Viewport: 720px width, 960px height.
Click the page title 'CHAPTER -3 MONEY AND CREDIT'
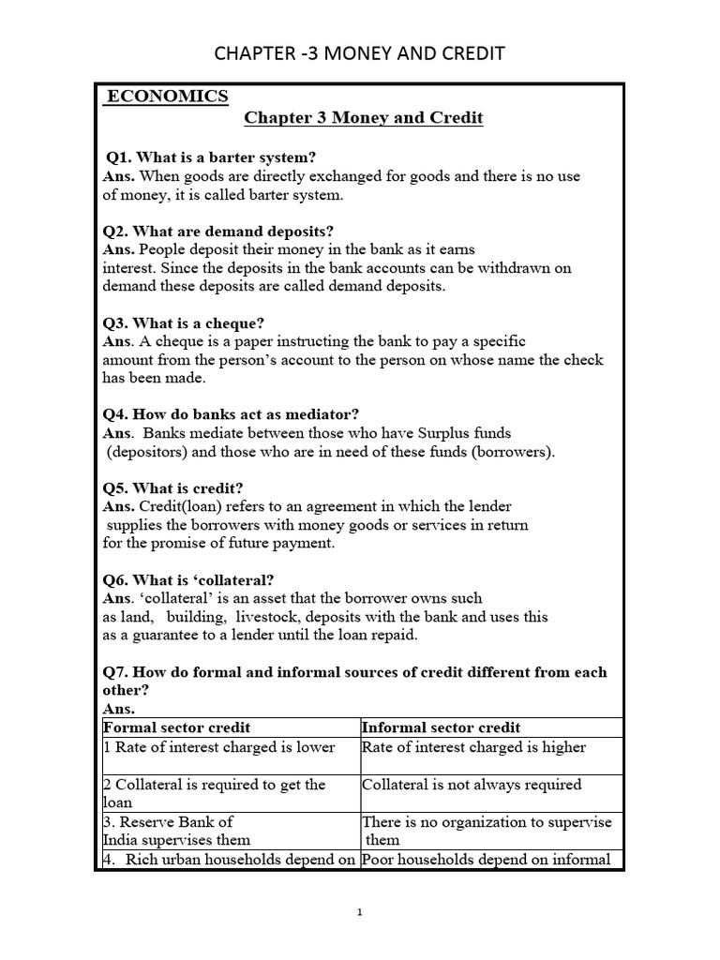click(360, 53)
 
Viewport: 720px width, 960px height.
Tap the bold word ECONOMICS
click(167, 97)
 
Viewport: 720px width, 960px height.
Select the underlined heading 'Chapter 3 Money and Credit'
click(364, 119)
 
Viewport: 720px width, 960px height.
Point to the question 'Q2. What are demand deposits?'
click(219, 231)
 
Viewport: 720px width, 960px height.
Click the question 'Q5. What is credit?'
click(174, 487)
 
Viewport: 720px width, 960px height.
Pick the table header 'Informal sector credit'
click(441, 727)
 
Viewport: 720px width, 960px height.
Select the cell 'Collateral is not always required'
click(472, 785)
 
